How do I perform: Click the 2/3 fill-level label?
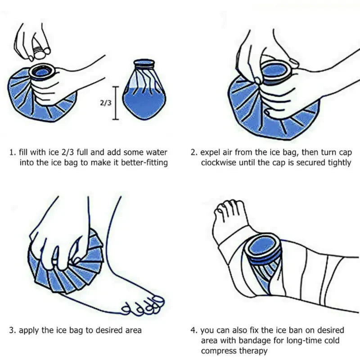pos(104,103)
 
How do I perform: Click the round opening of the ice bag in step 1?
pos(43,72)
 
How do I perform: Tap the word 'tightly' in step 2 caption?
pos(338,162)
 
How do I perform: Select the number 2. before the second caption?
pos(194,152)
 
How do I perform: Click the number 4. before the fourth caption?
pos(194,330)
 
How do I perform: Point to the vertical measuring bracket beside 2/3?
pos(116,103)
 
